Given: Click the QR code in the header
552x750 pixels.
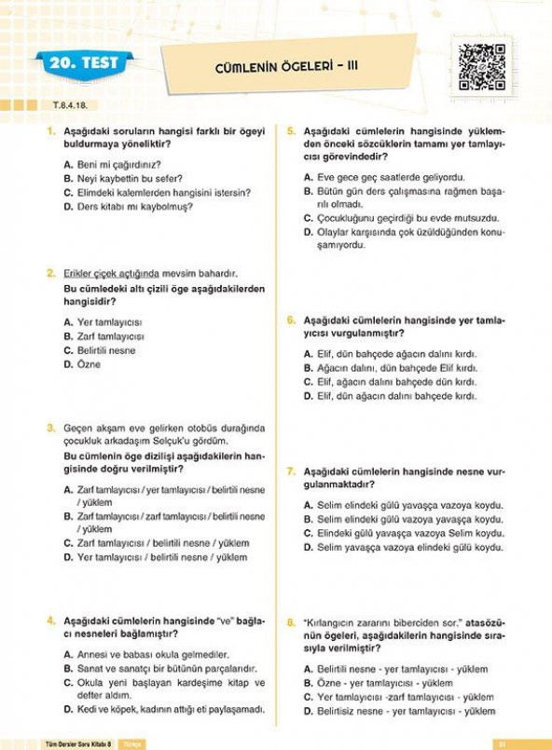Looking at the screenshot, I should pos(481,66).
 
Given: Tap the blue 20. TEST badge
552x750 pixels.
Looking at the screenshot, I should pos(84,63).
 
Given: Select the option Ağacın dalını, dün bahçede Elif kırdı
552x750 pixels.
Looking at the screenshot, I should pos(396,368).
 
